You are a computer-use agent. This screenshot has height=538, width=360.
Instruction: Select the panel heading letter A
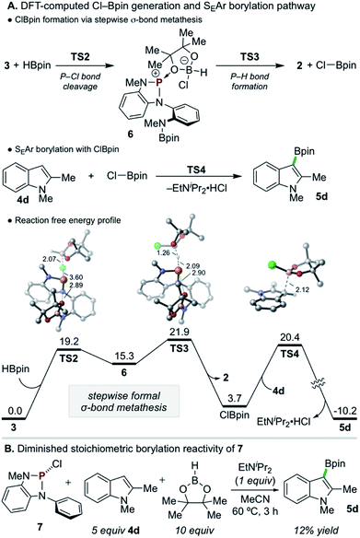click(x=7, y=7)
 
